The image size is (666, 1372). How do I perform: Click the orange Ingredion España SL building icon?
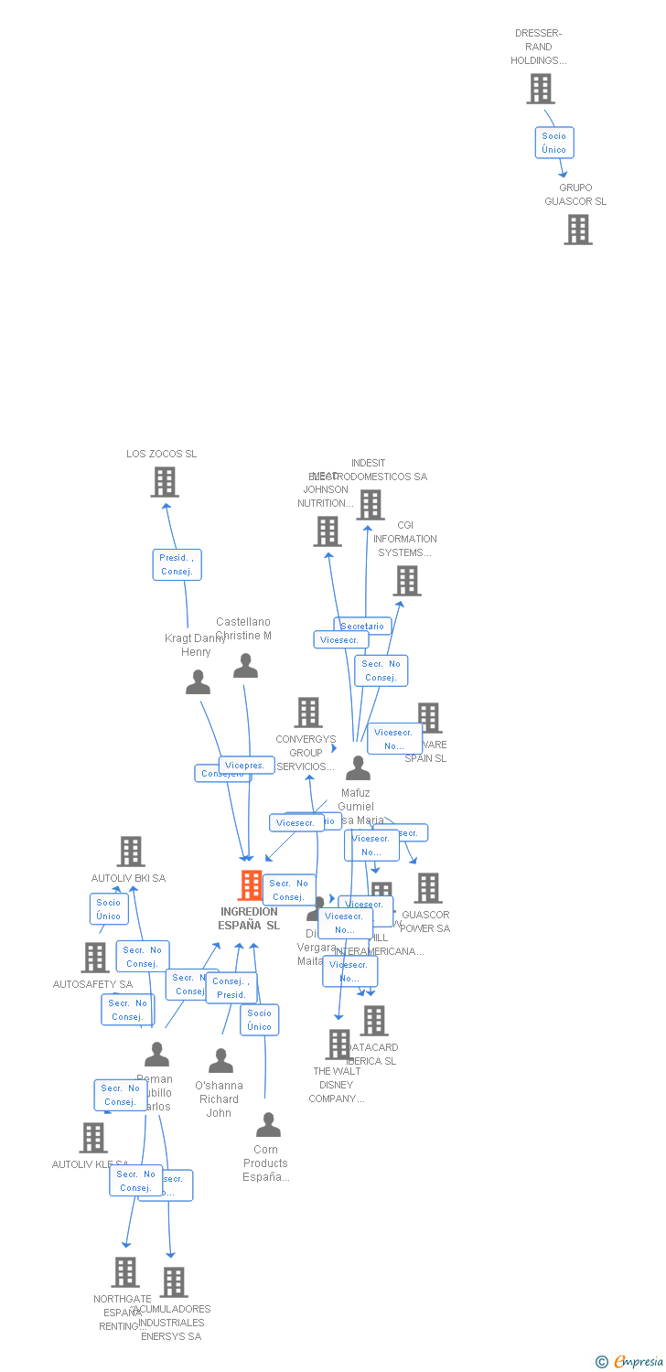click(251, 885)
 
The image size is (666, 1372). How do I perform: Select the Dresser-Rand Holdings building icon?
click(541, 89)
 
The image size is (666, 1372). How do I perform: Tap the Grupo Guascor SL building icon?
click(578, 230)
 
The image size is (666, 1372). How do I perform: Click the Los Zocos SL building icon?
click(165, 482)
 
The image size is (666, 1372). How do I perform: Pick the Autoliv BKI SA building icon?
click(131, 852)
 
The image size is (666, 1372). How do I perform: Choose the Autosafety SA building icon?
click(95, 958)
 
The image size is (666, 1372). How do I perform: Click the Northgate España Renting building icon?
click(125, 1271)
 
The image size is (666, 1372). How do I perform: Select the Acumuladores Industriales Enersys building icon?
click(174, 1282)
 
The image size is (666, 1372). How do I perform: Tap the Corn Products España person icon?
click(268, 1124)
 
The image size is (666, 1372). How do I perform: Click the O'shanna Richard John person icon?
click(220, 1061)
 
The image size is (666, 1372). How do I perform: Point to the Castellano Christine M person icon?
click(245, 666)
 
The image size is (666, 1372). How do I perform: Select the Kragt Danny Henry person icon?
click(198, 682)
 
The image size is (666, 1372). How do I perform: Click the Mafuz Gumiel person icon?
click(358, 768)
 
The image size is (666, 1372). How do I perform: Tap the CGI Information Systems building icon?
click(407, 581)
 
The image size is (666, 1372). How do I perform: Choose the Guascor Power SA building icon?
click(427, 888)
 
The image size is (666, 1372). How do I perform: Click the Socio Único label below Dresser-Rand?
click(554, 143)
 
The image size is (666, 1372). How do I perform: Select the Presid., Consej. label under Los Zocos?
click(177, 564)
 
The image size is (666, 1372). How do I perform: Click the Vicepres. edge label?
click(246, 765)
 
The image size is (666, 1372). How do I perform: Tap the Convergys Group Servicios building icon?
click(308, 713)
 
